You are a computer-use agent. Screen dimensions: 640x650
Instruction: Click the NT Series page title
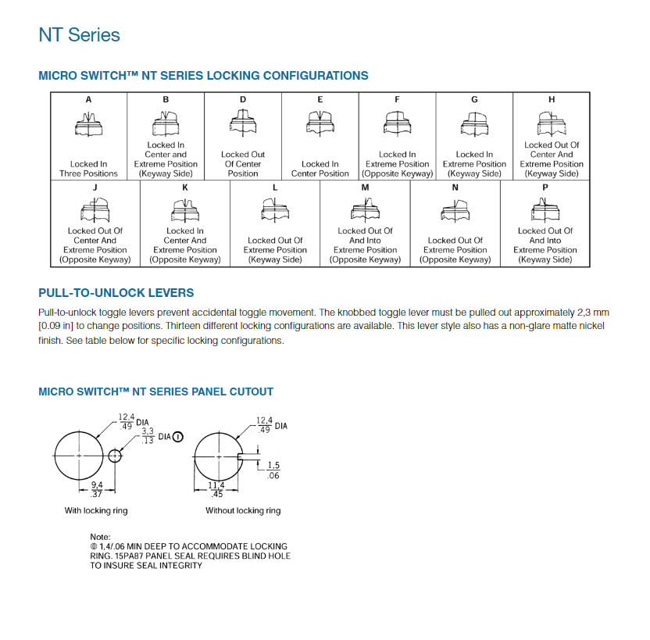point(79,35)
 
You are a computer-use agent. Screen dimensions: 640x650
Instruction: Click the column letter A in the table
point(88,100)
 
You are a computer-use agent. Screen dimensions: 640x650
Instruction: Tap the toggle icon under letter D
point(243,121)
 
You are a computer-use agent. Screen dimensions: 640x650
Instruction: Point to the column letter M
point(365,188)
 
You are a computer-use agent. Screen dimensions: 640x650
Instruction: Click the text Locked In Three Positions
point(88,169)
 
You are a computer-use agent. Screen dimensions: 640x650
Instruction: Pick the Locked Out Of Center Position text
point(243,164)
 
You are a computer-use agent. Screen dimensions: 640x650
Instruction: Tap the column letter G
point(474,100)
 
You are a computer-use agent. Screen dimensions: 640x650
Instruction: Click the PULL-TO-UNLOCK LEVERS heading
point(116,293)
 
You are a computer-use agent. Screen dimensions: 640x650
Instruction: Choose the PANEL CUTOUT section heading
point(155,392)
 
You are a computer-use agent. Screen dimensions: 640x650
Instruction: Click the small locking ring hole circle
point(116,456)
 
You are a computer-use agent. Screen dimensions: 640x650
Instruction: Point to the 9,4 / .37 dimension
point(97,490)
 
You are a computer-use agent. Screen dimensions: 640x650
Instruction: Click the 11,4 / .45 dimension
point(216,490)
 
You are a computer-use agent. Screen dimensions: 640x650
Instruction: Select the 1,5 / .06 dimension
point(273,470)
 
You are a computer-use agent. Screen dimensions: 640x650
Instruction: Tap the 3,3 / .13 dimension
point(148,435)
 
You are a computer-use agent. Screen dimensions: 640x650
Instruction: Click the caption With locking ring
point(95,510)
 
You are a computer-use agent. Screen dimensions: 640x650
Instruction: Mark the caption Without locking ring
point(243,510)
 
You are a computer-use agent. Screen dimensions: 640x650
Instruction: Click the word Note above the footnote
point(100,537)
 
